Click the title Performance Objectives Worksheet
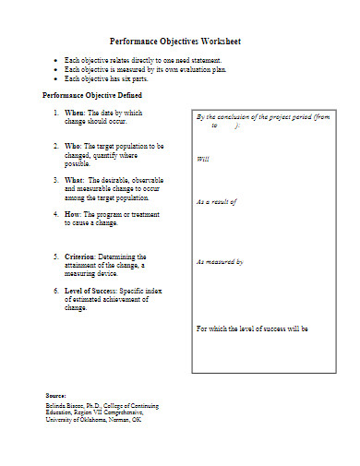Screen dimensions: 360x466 pyautogui.click(x=175, y=42)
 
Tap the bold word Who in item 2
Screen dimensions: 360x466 pyautogui.click(x=73, y=146)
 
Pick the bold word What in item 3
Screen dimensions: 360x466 pyautogui.click(x=74, y=179)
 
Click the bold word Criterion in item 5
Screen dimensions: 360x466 pyautogui.click(x=83, y=256)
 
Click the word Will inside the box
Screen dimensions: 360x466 pyautogui.click(x=203, y=160)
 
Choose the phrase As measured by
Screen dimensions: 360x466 pyautogui.click(x=220, y=262)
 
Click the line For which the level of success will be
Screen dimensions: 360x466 pyautogui.click(x=252, y=329)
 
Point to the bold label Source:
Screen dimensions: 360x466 pyautogui.click(x=55, y=395)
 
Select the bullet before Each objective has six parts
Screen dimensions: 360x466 pyautogui.click(x=56, y=78)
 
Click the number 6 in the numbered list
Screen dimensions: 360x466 pyautogui.click(x=55, y=291)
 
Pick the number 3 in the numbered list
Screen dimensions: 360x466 pyautogui.click(x=55, y=179)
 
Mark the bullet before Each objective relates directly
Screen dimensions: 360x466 pyautogui.click(x=56, y=60)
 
